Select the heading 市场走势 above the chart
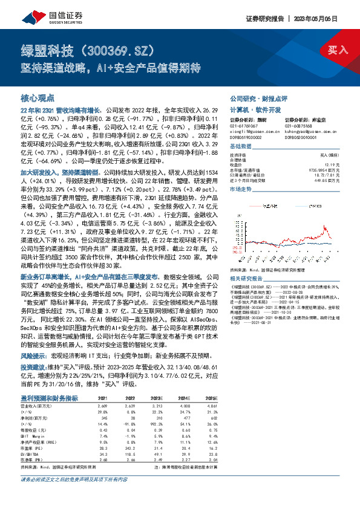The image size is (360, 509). coord(241,189)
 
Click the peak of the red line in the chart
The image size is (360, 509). coord(327,228)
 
